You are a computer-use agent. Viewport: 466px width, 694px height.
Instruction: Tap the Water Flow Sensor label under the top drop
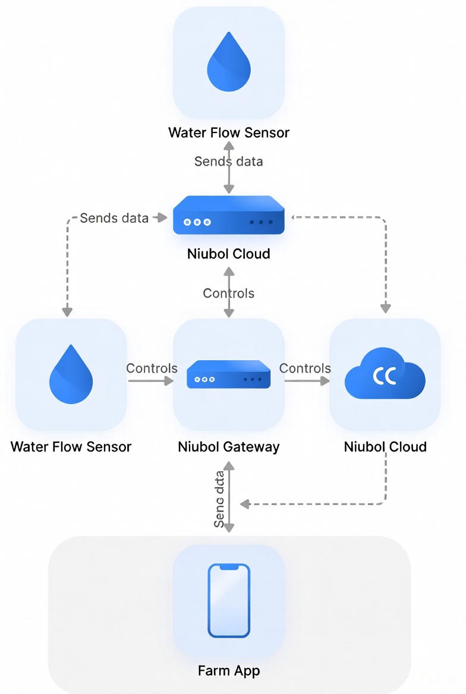[x=229, y=132]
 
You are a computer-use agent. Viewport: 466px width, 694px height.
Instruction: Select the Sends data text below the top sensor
[x=229, y=161]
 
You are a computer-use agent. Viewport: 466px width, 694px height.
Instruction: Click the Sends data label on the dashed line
[x=114, y=218]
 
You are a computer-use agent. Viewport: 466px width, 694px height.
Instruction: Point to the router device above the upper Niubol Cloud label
[x=229, y=215]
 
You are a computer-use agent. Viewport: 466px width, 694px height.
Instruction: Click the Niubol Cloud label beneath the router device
[x=229, y=254]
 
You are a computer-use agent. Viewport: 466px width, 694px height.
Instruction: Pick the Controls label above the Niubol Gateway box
[x=229, y=293]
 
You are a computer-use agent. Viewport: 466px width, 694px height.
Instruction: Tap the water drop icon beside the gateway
[x=71, y=374]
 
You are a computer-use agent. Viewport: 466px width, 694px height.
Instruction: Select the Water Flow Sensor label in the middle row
[x=71, y=447]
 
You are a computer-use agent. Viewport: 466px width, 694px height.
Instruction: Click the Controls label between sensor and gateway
[x=152, y=368]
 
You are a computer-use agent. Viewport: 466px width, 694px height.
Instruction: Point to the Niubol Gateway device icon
[x=229, y=374]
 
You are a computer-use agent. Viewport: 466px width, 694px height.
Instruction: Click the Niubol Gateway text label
[x=229, y=447]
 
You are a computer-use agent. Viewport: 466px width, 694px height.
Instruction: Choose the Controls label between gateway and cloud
[x=305, y=368]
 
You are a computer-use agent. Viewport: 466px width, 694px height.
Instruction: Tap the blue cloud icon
[x=385, y=374]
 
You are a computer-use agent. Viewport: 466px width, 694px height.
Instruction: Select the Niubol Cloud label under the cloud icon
[x=385, y=447]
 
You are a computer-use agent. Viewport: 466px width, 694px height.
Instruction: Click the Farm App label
[x=229, y=671]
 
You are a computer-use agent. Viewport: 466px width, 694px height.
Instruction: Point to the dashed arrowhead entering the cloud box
[x=385, y=308]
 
